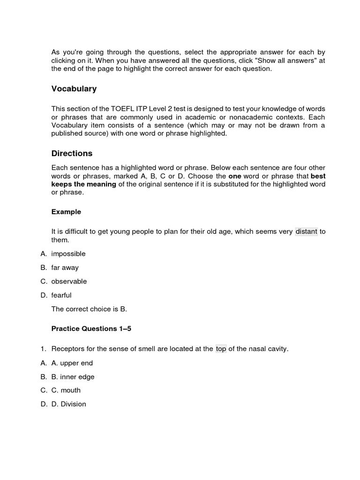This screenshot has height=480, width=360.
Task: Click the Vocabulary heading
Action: (x=74, y=89)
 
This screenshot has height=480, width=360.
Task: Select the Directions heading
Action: (x=72, y=153)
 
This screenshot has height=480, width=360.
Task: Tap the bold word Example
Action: (x=66, y=212)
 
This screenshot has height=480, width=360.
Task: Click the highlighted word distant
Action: (x=306, y=232)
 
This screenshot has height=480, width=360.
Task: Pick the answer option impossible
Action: (x=68, y=254)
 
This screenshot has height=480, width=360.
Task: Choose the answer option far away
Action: (x=65, y=268)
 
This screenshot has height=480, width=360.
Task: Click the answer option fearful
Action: (x=61, y=295)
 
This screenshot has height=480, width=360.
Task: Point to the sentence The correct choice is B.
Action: (x=89, y=309)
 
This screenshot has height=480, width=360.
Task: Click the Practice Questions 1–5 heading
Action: (x=91, y=329)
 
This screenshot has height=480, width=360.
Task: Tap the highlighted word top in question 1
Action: (x=221, y=349)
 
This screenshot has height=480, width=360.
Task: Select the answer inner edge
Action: (x=73, y=376)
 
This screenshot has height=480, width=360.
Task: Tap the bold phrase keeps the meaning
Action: (x=83, y=184)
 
